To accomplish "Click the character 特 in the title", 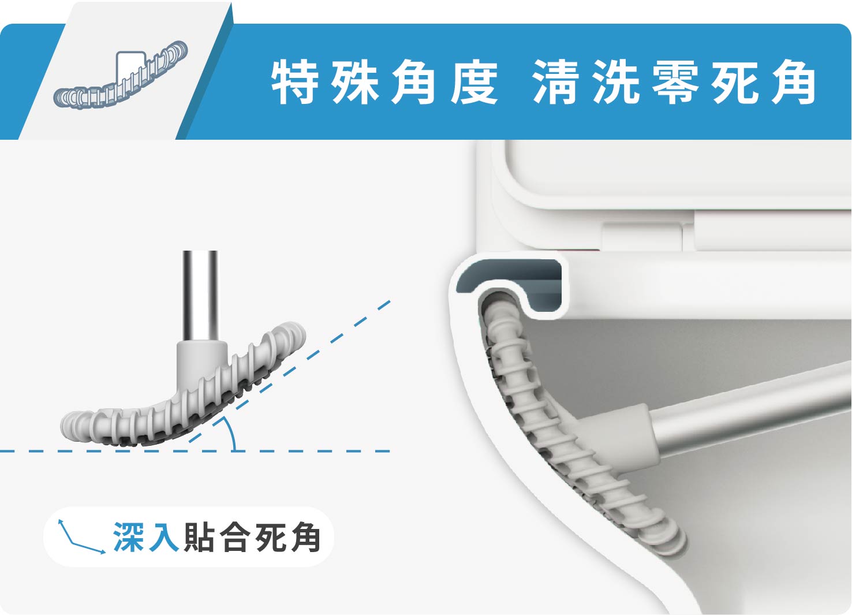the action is (x=294, y=81).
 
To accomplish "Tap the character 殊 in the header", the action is (x=354, y=81).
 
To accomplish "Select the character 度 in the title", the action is (x=474, y=81).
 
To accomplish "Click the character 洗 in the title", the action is (x=616, y=81).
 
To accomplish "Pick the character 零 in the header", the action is (x=676, y=81).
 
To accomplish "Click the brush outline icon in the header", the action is (x=120, y=74).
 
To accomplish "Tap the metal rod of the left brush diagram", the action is (x=200, y=296).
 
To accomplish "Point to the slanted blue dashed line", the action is (x=290, y=372).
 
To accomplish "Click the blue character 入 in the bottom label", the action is (x=163, y=537).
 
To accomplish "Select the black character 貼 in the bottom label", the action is (x=199, y=537).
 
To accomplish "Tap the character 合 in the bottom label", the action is (x=235, y=537).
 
